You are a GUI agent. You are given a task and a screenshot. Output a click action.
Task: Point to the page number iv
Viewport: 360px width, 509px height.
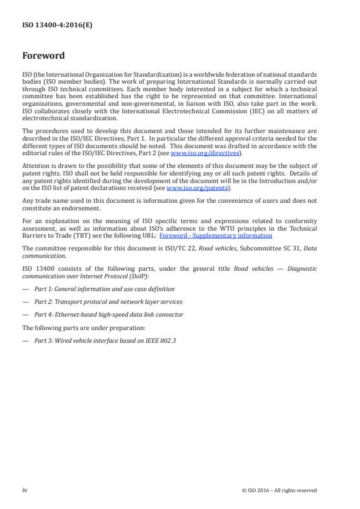25,490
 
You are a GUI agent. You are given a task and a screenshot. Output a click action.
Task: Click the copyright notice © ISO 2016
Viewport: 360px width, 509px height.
279,490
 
